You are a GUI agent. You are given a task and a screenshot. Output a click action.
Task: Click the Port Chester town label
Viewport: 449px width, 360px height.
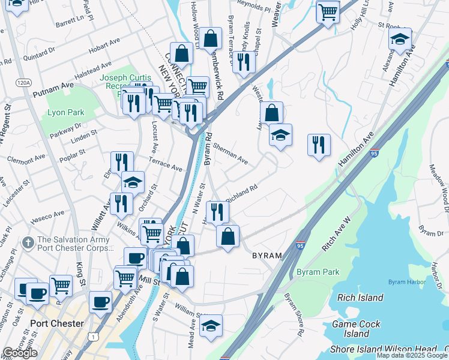tap(56, 323)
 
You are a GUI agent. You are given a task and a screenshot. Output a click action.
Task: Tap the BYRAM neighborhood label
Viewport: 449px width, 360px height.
tap(267, 256)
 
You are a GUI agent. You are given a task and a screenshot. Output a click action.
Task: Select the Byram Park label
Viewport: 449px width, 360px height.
tap(318, 272)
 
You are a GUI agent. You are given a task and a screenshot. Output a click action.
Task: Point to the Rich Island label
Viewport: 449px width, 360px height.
tap(360, 298)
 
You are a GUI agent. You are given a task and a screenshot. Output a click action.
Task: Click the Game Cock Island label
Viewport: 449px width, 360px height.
tap(357, 328)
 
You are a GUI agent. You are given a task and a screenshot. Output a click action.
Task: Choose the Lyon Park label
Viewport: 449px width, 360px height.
tap(66, 112)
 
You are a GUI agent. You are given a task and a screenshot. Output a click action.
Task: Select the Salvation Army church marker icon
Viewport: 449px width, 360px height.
tap(27, 242)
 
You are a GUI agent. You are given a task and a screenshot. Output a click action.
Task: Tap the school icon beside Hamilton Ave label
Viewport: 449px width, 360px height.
tap(400, 40)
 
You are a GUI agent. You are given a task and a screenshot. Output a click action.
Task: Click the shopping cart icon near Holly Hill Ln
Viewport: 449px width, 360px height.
tap(327, 11)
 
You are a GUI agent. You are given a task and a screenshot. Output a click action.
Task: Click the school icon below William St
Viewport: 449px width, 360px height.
tap(210, 326)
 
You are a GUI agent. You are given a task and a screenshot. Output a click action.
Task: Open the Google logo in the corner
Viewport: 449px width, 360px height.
tap(20, 353)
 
